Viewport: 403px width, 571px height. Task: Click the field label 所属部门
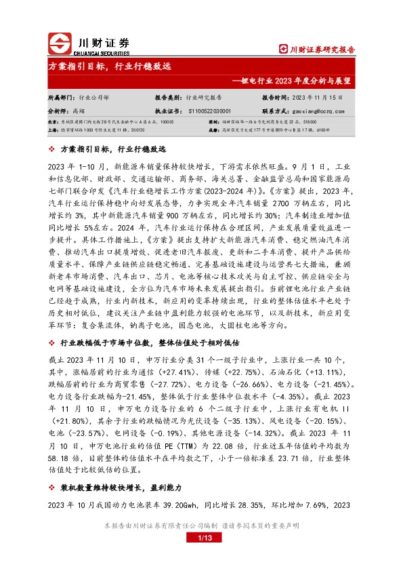[x=61, y=98]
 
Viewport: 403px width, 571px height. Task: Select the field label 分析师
[x=58, y=110]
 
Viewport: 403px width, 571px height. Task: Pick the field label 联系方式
[x=275, y=110]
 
